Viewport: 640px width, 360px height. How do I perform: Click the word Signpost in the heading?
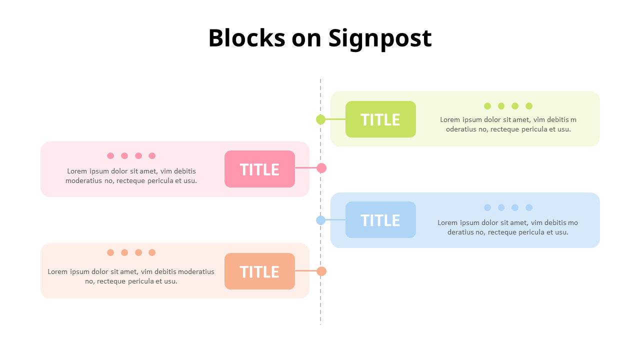[380, 38]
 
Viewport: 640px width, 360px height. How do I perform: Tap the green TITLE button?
[380, 119]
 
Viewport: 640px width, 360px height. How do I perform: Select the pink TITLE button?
[259, 169]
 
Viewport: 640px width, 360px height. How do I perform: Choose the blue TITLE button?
[380, 220]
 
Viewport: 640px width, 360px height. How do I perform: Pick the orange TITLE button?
[259, 271]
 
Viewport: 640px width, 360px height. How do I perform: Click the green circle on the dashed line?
[321, 119]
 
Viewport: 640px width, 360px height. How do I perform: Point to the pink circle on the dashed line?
[321, 168]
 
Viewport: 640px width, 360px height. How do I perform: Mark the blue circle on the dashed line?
[321, 220]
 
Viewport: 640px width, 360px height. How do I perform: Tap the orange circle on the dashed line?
[321, 271]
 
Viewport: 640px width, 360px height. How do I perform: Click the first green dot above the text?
[487, 106]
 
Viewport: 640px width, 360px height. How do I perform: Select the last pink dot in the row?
[152, 156]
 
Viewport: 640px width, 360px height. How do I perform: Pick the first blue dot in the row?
[487, 207]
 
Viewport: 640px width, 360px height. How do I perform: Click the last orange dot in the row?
[152, 252]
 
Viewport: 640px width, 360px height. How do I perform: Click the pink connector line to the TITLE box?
[305, 168]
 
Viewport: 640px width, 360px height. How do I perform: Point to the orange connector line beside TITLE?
[305, 271]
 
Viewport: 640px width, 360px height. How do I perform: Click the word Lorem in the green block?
[450, 120]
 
